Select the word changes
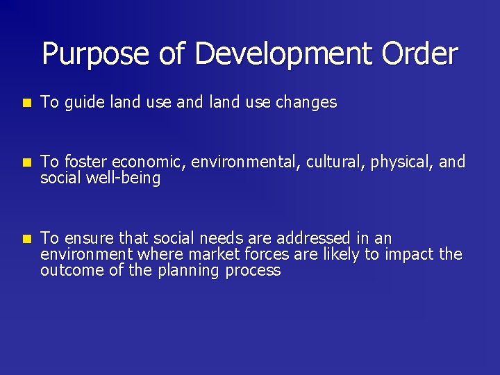click(x=306, y=103)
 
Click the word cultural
click(x=337, y=162)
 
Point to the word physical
click(x=402, y=162)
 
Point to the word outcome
click(x=70, y=270)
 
